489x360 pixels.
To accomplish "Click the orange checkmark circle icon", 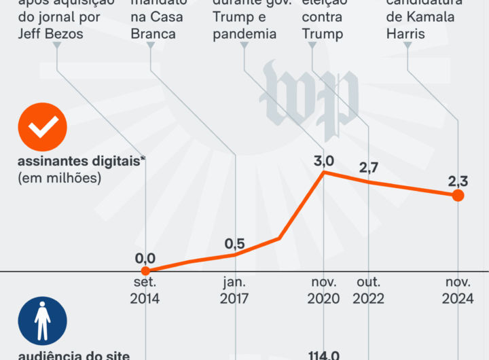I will (x=43, y=127).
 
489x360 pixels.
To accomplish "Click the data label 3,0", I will (x=324, y=161).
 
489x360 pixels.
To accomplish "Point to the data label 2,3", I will (x=458, y=181).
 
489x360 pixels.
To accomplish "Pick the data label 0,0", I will (x=145, y=259).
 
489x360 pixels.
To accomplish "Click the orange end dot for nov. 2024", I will (x=458, y=196).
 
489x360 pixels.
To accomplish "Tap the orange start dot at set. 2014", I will (x=145, y=271).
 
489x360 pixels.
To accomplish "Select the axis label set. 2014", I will (x=145, y=290).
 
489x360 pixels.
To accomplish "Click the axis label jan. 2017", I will (x=235, y=290).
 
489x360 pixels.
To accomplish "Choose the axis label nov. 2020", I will (x=324, y=290).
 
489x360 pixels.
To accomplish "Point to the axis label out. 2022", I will (x=369, y=290).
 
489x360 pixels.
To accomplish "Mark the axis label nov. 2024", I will (x=458, y=290).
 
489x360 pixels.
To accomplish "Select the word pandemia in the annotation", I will (x=244, y=34).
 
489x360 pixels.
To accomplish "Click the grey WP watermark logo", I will (x=309, y=91).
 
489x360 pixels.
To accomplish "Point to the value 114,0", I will (x=324, y=355).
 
